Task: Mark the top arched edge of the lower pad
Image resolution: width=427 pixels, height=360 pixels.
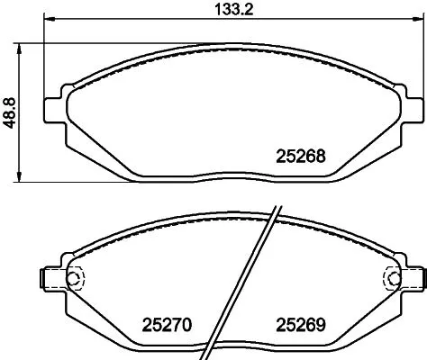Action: [x=180, y=222]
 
